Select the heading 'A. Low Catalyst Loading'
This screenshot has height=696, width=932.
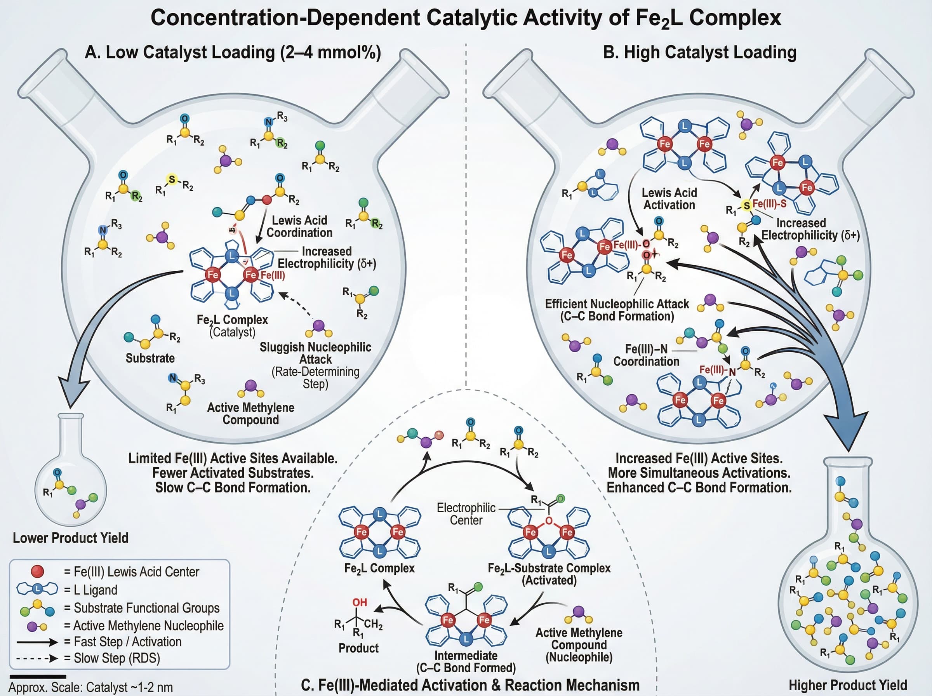[233, 53]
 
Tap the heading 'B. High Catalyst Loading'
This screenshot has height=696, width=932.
[699, 53]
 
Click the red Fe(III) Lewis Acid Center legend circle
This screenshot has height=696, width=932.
[38, 571]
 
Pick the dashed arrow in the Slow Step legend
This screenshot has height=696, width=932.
[37, 658]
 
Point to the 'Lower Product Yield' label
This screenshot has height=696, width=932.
[70, 538]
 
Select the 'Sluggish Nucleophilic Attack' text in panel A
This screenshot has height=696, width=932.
[315, 353]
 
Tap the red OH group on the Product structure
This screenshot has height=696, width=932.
[359, 602]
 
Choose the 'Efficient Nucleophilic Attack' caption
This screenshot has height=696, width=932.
[617, 310]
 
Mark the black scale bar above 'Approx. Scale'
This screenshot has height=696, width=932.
[38, 676]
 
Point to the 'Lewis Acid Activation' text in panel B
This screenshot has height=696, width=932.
[669, 199]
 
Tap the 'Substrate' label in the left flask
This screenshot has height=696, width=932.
[150, 358]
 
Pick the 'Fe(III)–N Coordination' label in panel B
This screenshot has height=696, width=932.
[646, 355]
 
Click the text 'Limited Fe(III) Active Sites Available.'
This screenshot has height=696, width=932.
[233, 458]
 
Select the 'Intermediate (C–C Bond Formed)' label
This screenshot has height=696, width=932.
[466, 661]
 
